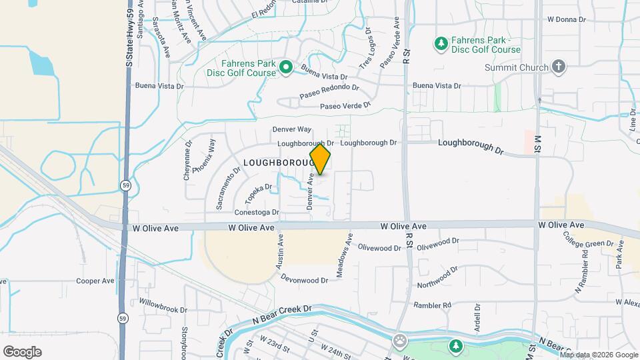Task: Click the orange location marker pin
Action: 320,159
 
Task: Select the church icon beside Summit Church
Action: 559,67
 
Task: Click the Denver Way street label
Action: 291,129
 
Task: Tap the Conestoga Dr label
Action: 256,213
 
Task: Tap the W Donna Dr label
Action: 567,19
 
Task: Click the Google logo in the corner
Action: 22,352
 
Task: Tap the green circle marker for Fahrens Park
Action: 286,67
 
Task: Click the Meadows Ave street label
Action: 343,256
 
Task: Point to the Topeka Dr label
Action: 259,194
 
